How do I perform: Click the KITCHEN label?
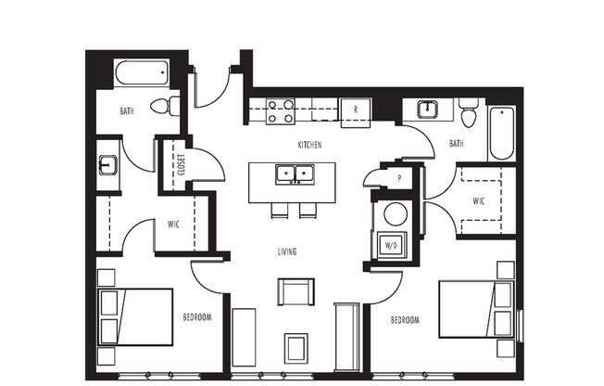(308, 146)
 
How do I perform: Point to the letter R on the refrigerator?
(355, 109)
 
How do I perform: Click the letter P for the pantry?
(399, 177)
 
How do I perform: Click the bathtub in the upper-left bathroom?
(141, 73)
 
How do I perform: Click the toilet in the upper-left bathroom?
(165, 107)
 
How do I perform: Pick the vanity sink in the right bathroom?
(428, 110)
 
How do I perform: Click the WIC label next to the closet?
(173, 224)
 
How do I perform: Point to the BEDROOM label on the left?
(196, 317)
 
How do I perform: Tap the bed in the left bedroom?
(134, 316)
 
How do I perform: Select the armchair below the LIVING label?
(295, 291)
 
